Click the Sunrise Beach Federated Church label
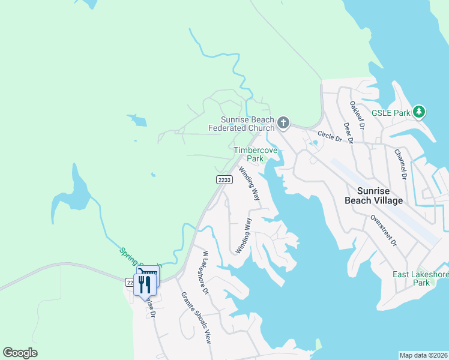tap(241, 124)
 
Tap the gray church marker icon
tap(284, 124)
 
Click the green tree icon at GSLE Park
tap(419, 112)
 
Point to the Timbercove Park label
tap(256, 154)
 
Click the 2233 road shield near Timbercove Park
tap(224, 180)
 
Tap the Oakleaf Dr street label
tap(357, 114)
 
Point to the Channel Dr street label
tap(400, 164)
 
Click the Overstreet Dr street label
tap(384, 230)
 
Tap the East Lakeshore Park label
tap(421, 278)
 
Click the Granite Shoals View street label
tap(196, 317)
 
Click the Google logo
tap(20, 353)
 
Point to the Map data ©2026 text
tap(423, 355)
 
